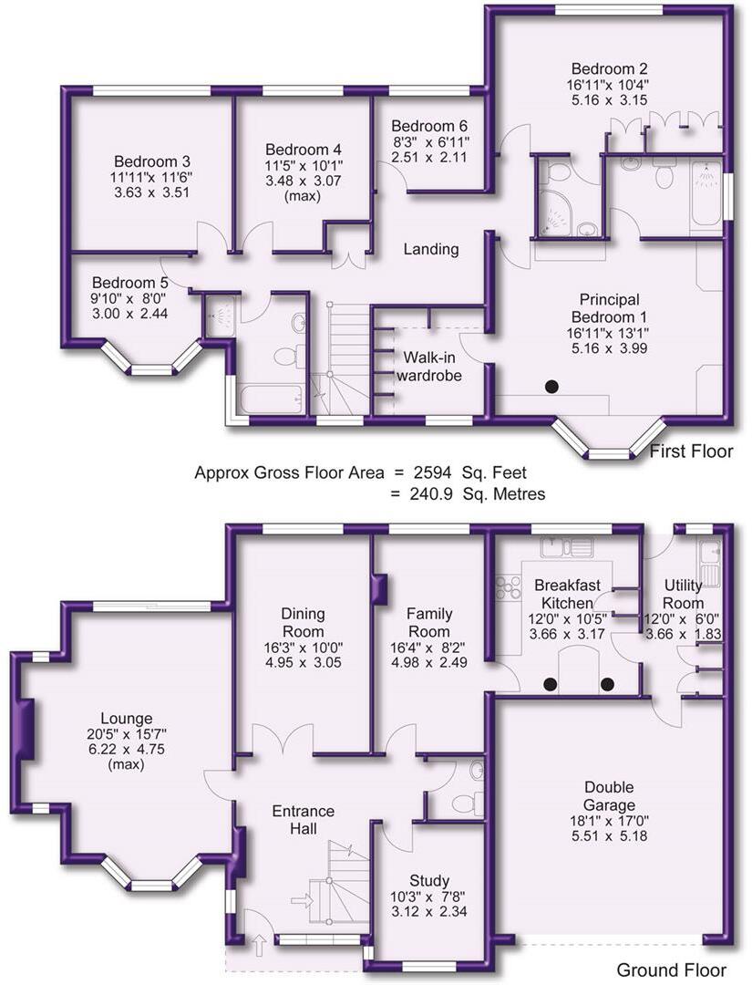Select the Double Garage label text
point(611,796)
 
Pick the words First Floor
point(690,451)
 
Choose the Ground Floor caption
point(672,969)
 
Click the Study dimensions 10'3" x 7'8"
point(428,897)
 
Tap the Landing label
point(431,249)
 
